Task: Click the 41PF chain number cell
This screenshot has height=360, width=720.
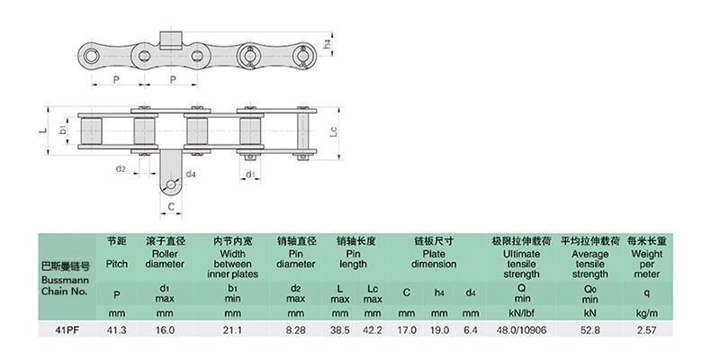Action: (66, 329)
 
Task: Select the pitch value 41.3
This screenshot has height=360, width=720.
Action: (117, 329)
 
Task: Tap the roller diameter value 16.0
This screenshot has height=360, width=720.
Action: (165, 329)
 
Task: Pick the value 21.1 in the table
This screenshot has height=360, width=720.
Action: (232, 329)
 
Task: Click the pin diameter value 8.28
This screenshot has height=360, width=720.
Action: (295, 329)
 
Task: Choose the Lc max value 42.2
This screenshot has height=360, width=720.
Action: (373, 329)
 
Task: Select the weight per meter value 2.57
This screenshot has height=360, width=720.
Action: (646, 329)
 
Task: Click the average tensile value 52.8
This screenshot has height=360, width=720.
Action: (589, 329)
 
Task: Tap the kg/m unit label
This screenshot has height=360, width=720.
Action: (646, 314)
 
